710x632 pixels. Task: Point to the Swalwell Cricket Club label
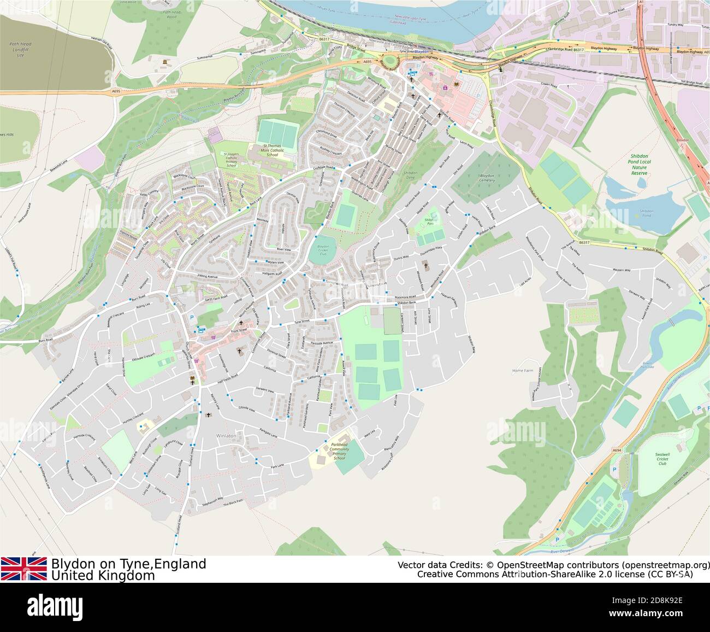(662, 458)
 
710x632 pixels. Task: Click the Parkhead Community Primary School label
(339, 450)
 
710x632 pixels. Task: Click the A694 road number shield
(616, 450)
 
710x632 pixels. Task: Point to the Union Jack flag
(23, 569)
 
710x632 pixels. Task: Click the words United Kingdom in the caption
(103, 576)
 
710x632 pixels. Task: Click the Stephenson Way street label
(212, 501)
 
